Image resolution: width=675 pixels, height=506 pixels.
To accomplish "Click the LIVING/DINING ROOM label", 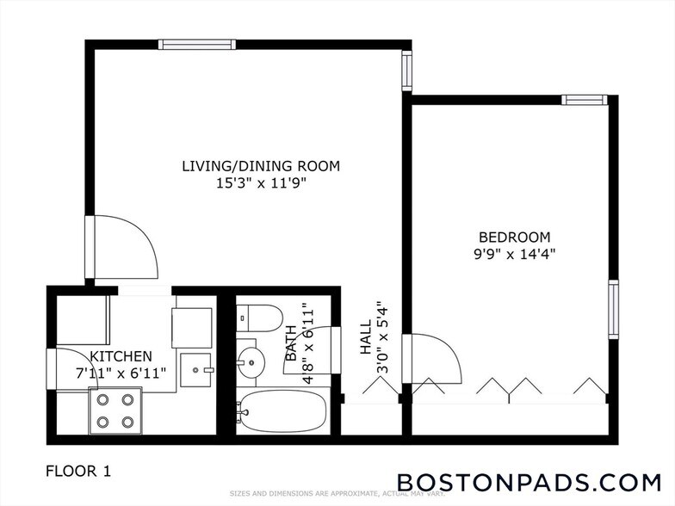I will pos(261,166).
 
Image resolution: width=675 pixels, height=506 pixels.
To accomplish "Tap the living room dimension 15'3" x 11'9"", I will pos(261,183).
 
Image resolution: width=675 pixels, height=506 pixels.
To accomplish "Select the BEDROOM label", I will pos(514,237).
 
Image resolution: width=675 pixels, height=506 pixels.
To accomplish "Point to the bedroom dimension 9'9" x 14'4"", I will pos(514,254).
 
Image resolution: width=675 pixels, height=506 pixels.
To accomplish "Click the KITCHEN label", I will pos(121,355).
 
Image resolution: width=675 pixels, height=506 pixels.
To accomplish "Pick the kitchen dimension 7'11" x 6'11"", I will pos(121,373).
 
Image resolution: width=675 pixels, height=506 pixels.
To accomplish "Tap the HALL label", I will pos(365,338).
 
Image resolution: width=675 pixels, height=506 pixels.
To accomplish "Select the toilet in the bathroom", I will pos(259,318).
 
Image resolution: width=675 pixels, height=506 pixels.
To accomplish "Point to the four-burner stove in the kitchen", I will pos(115,410).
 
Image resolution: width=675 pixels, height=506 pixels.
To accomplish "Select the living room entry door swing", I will pos(125,247).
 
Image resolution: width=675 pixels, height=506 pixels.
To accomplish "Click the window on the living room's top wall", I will pos(186,44).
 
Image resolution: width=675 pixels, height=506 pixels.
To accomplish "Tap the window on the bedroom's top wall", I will pos(585,100).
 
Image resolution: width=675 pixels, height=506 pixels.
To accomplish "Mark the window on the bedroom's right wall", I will pos(613,309).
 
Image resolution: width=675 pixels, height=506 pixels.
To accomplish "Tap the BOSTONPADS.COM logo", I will pos(529,480).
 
